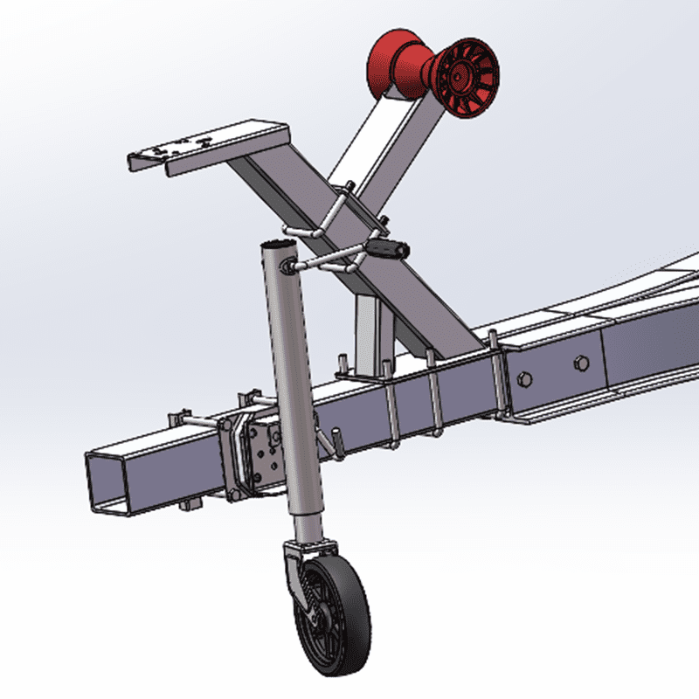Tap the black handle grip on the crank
click(387, 250)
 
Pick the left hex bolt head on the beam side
click(525, 377)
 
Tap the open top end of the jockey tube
click(281, 248)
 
